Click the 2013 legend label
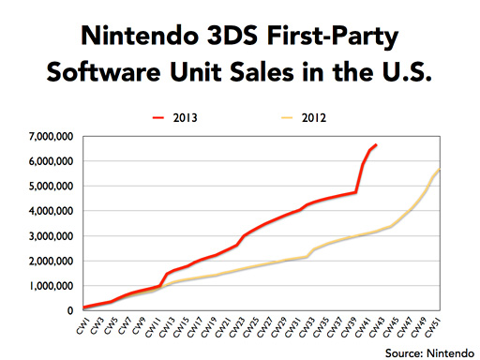click(186, 118)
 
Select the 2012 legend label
click(314, 118)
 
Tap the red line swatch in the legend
click(158, 118)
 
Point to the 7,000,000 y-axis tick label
click(52, 137)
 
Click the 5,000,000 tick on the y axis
click(52, 187)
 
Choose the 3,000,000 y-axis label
click(52, 236)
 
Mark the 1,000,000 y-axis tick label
click(52, 286)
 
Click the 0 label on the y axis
click(70, 310)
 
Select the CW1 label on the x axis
click(82, 326)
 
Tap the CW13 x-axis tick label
click(167, 327)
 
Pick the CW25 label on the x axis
click(250, 327)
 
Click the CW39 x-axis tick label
click(349, 327)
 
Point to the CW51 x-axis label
click(432, 327)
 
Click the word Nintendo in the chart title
click(140, 36)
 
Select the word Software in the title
click(104, 72)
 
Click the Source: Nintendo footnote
click(429, 353)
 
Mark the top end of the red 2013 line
click(376, 144)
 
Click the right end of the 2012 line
click(440, 169)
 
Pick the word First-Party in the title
click(333, 37)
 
